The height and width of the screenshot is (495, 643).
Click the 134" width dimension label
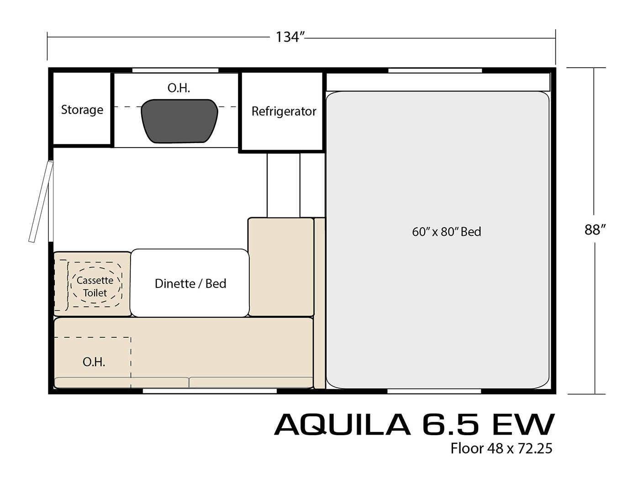point(290,37)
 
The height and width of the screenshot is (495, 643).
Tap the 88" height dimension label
point(595,229)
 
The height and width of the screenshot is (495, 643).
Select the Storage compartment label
point(82,110)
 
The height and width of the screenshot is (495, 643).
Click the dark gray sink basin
point(179,121)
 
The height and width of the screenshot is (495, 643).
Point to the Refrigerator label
point(284,112)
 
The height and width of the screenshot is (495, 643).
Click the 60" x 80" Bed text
point(447,232)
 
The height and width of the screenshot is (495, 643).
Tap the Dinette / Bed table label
point(190,284)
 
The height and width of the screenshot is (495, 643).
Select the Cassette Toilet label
point(95,286)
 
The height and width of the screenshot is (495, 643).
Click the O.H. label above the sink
point(179,88)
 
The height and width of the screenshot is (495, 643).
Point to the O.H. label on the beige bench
point(94,362)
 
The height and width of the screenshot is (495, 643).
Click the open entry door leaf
point(41,201)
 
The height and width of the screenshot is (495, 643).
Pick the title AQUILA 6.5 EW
point(414,425)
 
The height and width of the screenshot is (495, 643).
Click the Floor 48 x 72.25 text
point(501,448)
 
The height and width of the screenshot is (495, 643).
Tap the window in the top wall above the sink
point(175,70)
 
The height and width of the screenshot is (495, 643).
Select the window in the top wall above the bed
point(435,70)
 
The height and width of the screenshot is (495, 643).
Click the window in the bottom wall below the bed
point(434,391)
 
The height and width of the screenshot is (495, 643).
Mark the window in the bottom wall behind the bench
point(210,391)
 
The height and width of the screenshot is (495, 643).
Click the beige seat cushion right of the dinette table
point(281,267)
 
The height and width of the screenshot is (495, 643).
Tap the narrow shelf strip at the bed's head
point(438,82)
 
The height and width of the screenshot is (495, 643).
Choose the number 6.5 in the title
point(450,425)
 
